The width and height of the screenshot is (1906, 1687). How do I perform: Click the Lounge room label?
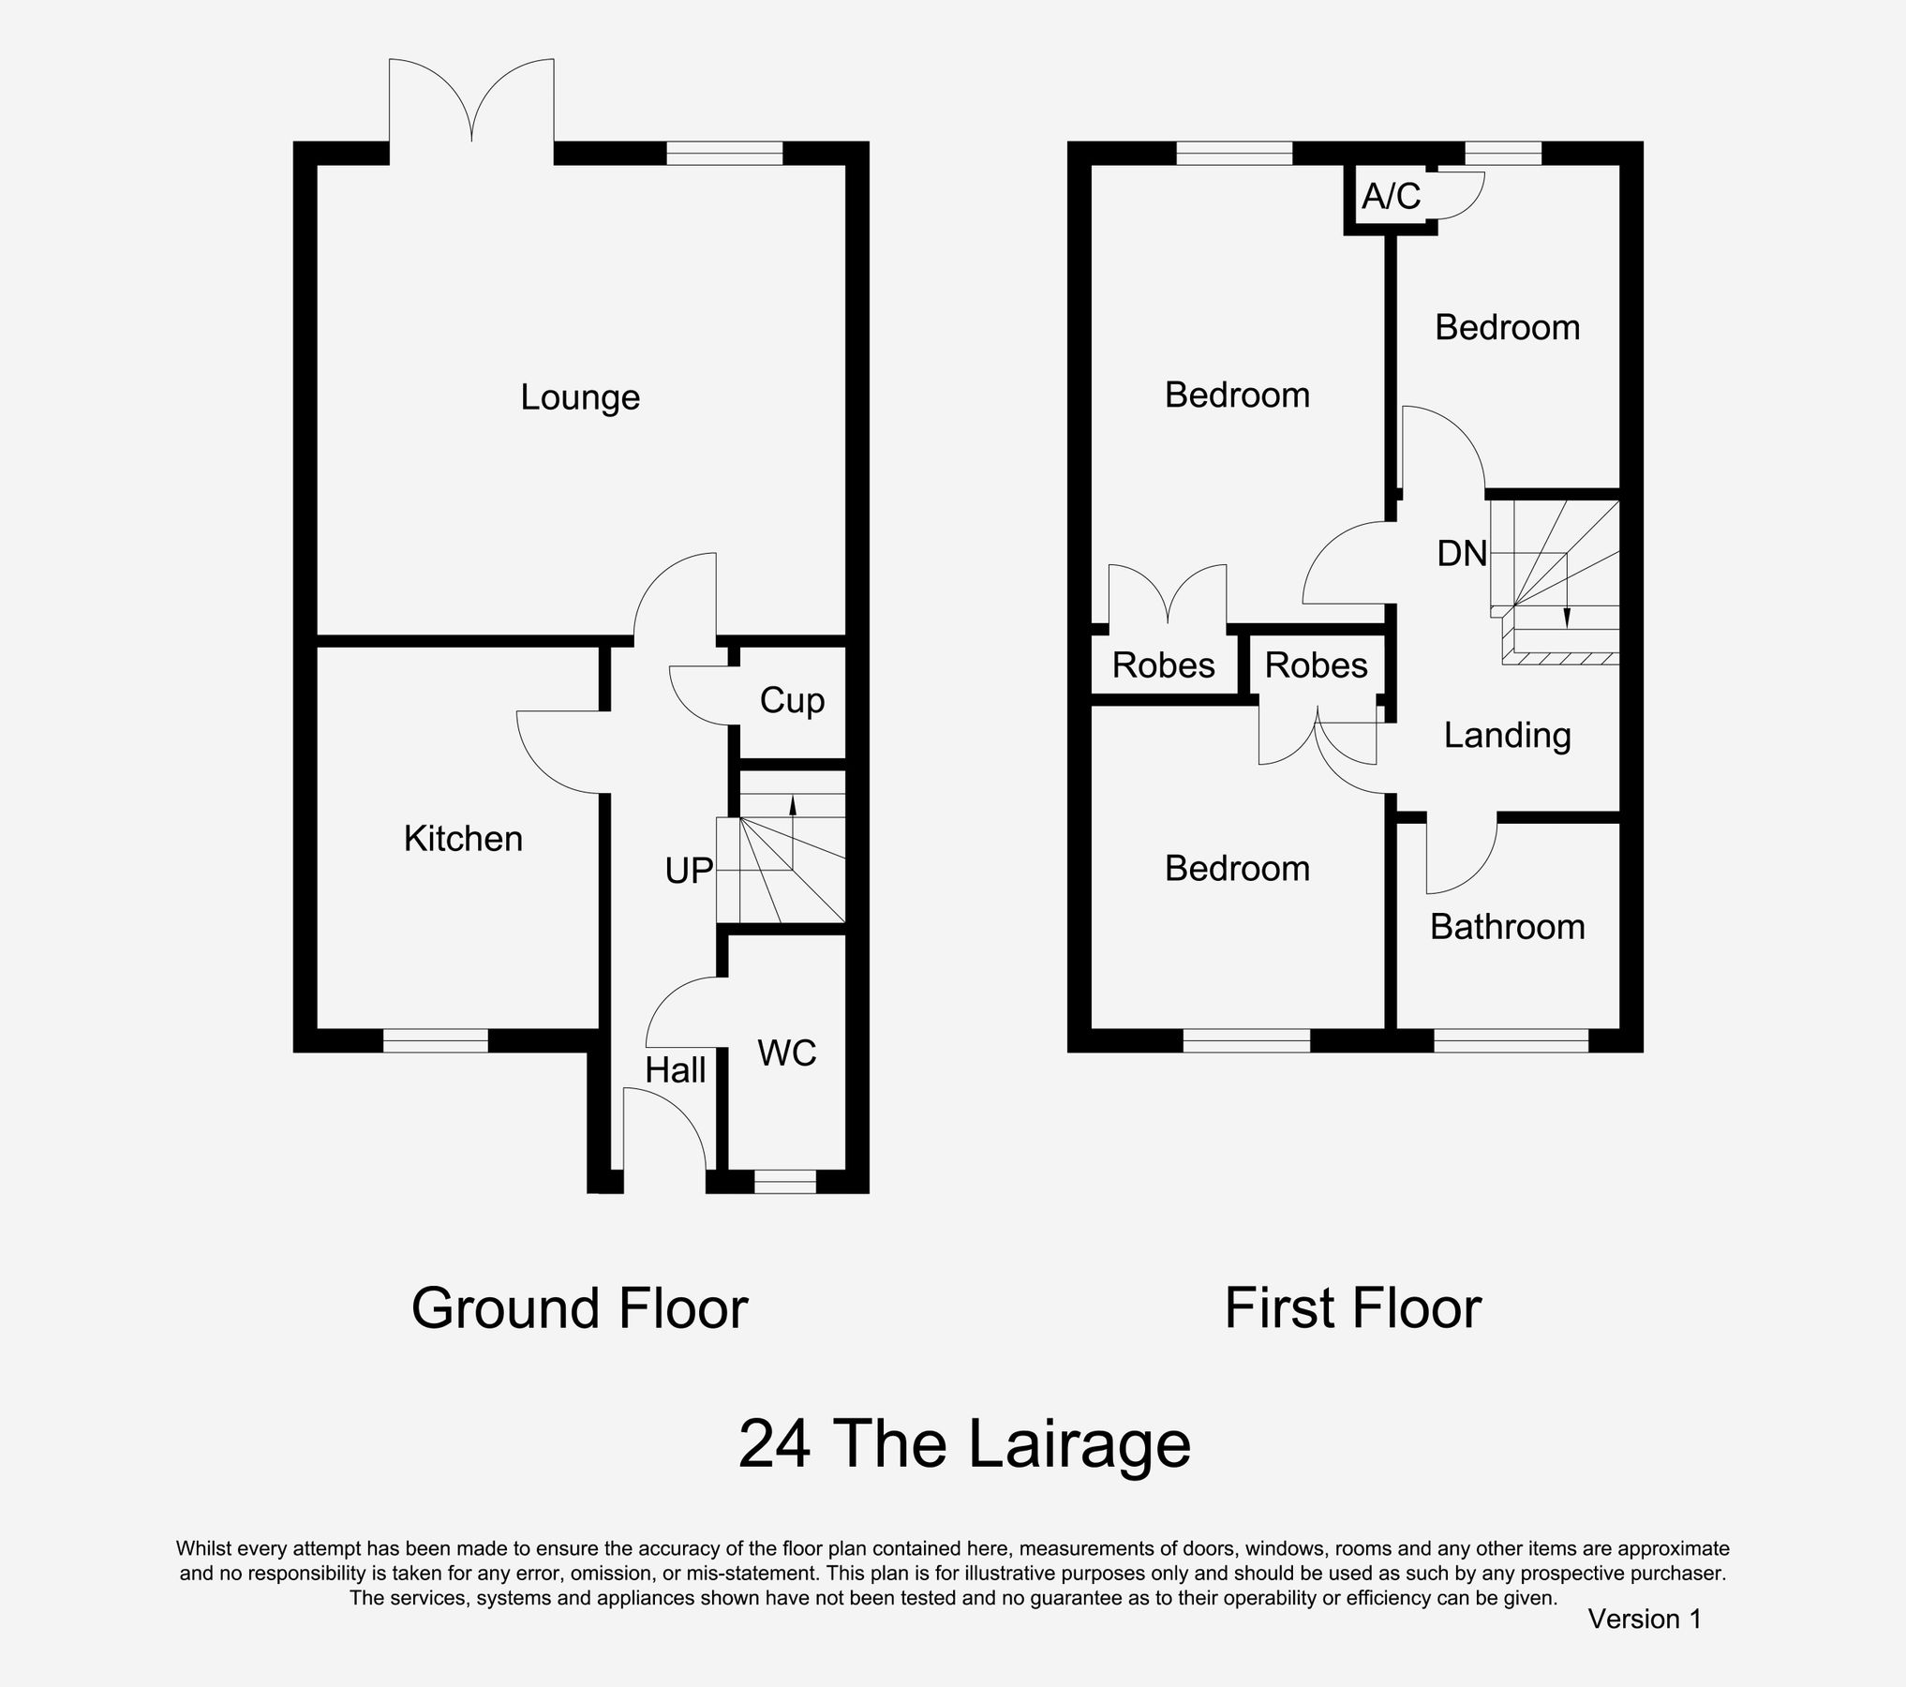580,397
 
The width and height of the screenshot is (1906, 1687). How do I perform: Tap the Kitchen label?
463,839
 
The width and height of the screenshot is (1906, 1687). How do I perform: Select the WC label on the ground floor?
787,1053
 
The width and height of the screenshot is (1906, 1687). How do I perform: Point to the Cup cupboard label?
792,701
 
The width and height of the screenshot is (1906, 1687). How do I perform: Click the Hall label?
676,1070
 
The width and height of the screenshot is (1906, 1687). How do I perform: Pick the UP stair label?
689,872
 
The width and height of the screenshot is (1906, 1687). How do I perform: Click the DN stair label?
1462,554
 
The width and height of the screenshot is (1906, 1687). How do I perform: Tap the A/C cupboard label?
1391,197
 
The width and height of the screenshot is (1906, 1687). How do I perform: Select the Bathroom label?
1507,927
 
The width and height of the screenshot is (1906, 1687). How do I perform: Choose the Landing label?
1507,736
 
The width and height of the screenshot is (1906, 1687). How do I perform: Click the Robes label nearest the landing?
1316,665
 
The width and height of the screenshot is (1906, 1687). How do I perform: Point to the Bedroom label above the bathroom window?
1507,327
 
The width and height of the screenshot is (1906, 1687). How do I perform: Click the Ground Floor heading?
579,1308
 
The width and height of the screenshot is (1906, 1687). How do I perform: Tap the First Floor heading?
1352,1308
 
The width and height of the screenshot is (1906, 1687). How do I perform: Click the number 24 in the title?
774,1444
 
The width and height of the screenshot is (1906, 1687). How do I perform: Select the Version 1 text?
1644,1620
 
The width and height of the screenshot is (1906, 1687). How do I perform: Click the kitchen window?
436,1040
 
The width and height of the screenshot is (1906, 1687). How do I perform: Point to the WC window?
785,1182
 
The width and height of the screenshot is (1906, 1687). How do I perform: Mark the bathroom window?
1511,1040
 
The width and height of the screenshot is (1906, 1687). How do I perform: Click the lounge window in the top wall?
723,153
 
